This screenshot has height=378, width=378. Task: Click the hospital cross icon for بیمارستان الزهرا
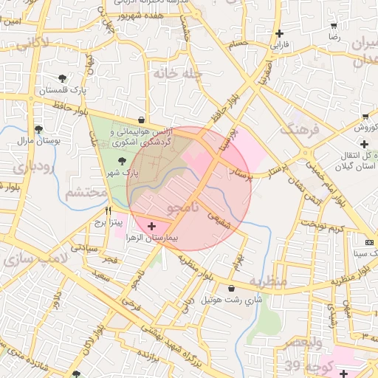pos(151,226)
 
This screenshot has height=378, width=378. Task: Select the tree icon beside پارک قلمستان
pos(61,78)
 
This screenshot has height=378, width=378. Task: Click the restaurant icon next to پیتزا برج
pos(109,210)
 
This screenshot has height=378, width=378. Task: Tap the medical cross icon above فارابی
pos(279,33)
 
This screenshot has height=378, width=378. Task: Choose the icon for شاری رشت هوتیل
pos(233,289)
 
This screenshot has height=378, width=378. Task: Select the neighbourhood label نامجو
pos(183,210)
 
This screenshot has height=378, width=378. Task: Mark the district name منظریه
pos(267,281)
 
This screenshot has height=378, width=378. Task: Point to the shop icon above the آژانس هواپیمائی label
pos(141,120)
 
